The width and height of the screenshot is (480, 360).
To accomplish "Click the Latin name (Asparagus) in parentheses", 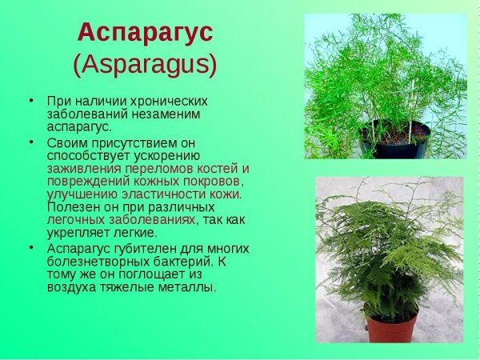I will [x=145, y=64].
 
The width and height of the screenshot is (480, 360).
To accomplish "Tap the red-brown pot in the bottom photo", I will [x=392, y=326].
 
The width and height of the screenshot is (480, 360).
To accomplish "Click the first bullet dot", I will [x=31, y=101].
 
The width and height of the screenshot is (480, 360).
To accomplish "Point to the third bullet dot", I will [x=31, y=247].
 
